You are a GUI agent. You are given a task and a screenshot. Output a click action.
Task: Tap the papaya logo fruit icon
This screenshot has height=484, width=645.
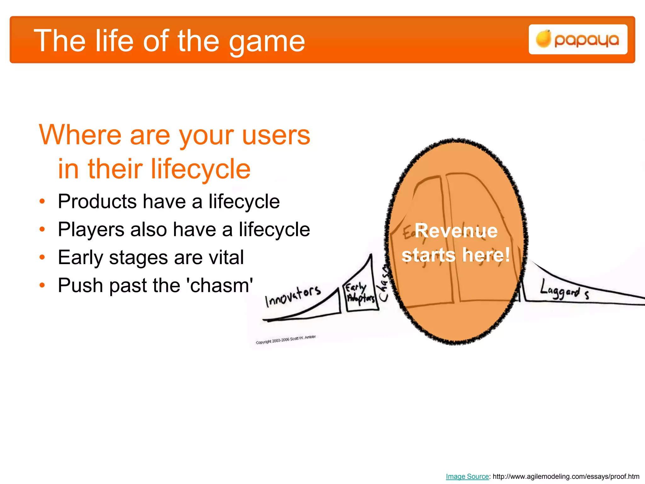pyautogui.click(x=543, y=39)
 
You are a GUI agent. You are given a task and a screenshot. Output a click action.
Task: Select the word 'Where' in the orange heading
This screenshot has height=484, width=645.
pyautogui.click(x=80, y=135)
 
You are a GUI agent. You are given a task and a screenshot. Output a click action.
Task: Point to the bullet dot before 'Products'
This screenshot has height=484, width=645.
pyautogui.click(x=43, y=201)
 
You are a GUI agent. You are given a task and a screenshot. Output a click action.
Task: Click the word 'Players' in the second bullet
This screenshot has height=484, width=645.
pyautogui.click(x=91, y=229)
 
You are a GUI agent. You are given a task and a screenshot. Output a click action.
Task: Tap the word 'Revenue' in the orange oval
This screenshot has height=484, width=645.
pyautogui.click(x=456, y=231)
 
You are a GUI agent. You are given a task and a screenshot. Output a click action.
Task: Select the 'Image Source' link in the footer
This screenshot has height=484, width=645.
pyautogui.click(x=467, y=476)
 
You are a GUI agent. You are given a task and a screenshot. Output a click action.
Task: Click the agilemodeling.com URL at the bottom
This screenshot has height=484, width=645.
pyautogui.click(x=566, y=476)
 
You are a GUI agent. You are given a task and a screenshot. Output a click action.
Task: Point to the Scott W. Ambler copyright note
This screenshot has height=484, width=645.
pyautogui.click(x=285, y=340)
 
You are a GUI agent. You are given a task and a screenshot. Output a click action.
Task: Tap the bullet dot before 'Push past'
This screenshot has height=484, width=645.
pyautogui.click(x=43, y=285)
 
